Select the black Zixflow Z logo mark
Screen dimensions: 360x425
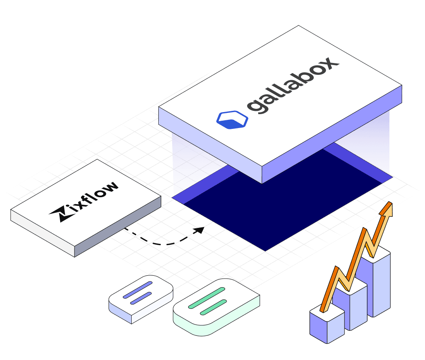(57, 213)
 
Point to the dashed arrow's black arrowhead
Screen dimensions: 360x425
(199, 230)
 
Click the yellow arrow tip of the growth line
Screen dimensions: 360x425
(387, 209)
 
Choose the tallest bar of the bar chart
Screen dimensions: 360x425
(379, 282)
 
